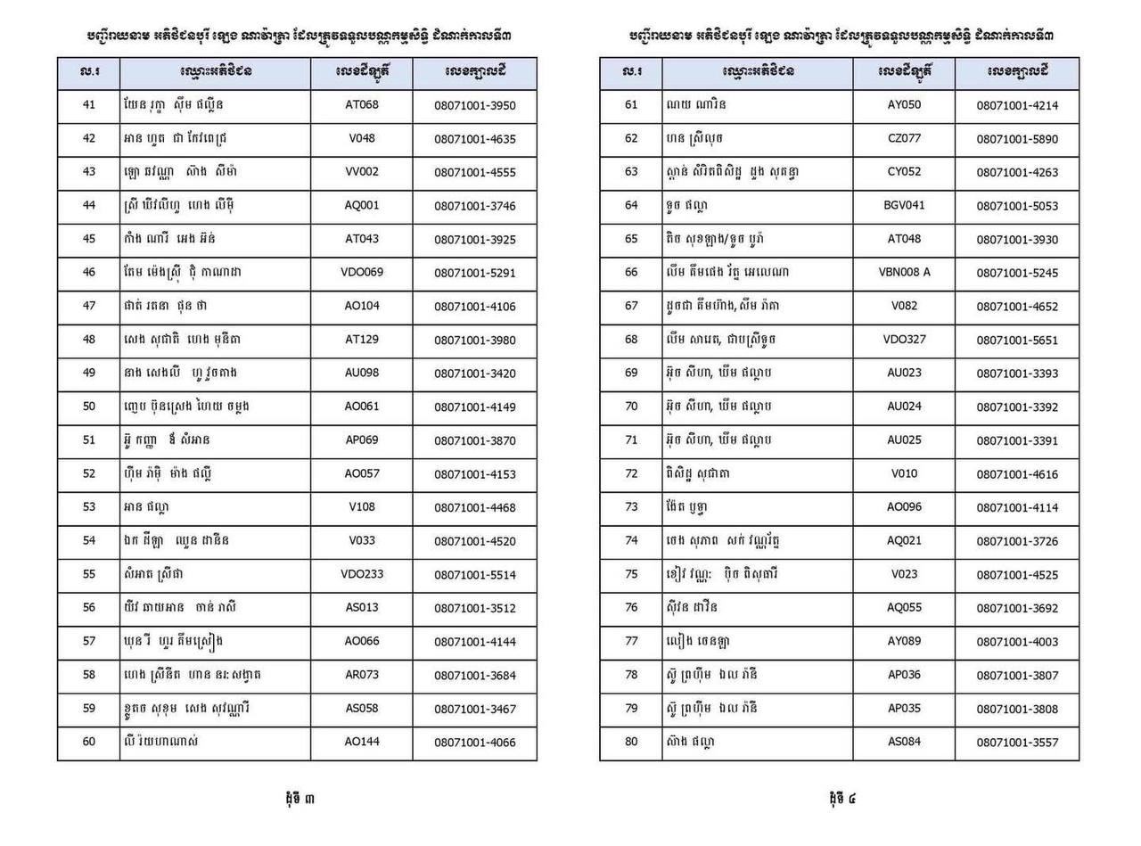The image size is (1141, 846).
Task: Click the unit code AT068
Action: pos(361,105)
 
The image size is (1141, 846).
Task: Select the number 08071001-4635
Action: pos(474,139)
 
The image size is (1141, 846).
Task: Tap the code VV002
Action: pos(361,172)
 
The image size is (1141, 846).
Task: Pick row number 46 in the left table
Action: pos(88,272)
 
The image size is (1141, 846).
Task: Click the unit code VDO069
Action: pos(361,272)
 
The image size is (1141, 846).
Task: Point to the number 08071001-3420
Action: pos(474,374)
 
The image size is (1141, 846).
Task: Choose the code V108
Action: pos(361,507)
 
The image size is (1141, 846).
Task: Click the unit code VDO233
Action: pos(361,574)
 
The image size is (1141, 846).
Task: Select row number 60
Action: pos(88,742)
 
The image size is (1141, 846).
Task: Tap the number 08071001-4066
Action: pos(474,743)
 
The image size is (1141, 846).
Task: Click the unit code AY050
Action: pos(904,105)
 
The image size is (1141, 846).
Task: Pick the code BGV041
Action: pos(904,205)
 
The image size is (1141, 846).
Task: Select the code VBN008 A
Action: pos(904,272)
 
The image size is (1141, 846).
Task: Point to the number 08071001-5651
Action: pos(1017,341)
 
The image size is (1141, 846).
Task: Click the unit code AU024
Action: pos(904,407)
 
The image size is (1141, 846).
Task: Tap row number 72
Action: pos(631,473)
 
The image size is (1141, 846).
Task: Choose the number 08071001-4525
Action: pos(1017,575)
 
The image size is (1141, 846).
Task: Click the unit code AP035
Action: pos(904,708)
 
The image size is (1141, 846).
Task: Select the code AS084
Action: pos(904,742)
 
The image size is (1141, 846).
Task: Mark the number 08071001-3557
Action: pos(1017,743)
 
